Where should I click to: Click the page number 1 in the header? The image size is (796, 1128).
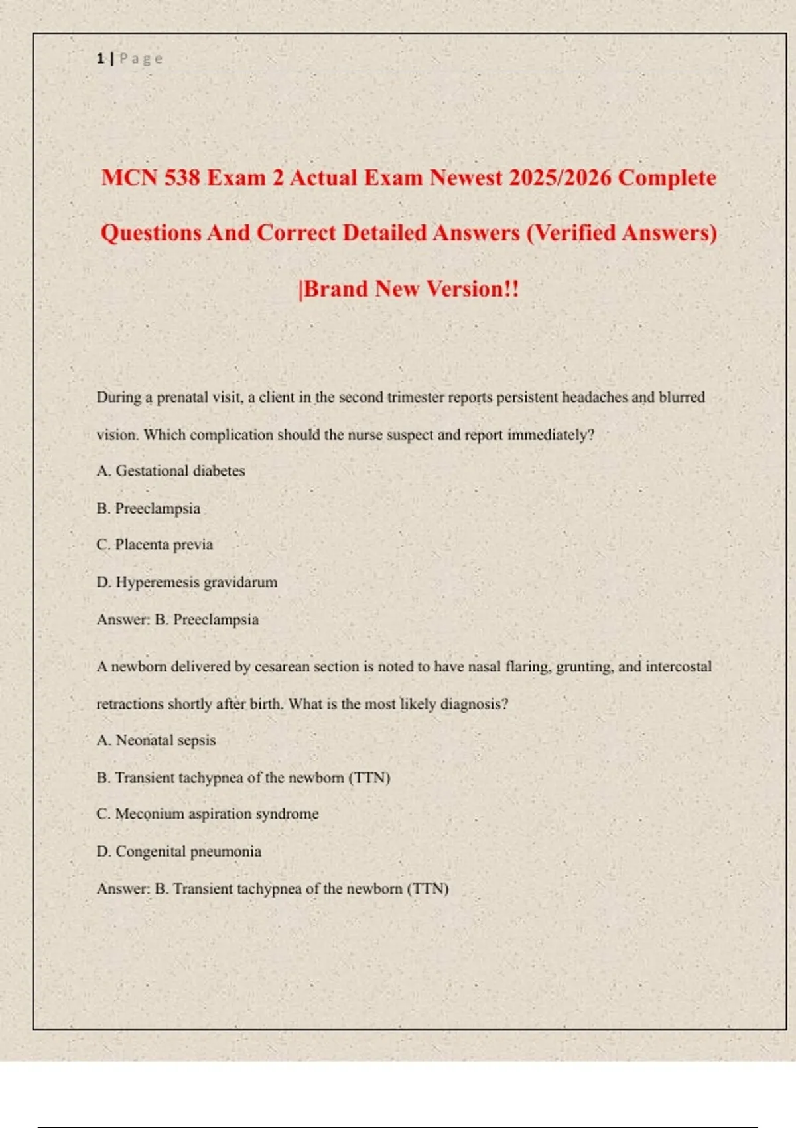coord(100,58)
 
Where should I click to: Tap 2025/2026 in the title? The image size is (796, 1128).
coord(560,178)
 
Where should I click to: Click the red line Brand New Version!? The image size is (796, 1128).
coord(409,289)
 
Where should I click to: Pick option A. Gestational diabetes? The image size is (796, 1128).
coord(170,471)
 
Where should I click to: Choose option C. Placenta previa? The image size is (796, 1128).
coord(155,545)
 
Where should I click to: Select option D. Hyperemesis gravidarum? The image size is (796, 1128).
coord(187,582)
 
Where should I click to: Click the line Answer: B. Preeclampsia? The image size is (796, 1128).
coord(178,620)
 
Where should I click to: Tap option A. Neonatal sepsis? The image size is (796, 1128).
coord(156,740)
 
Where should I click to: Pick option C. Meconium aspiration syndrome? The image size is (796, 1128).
coord(208,814)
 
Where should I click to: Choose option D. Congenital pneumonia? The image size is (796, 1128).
coord(179,851)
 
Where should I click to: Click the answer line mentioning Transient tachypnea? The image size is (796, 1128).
coord(273,889)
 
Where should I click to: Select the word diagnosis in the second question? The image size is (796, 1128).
coord(474,704)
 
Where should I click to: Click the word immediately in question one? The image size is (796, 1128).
coord(551,435)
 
